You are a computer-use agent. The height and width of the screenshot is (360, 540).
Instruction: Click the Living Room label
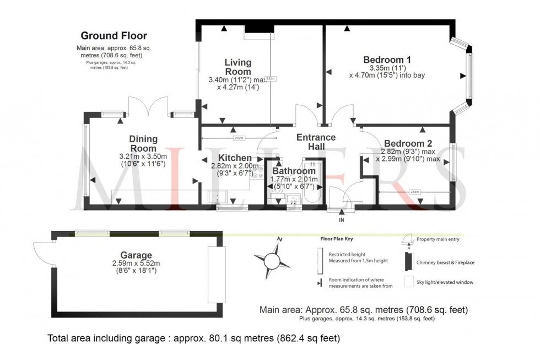[237, 67]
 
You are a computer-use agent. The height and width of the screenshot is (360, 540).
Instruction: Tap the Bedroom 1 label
[387, 60]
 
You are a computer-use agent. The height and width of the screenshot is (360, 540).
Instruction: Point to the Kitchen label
[231, 158]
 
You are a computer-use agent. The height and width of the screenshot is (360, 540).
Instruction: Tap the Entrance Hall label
[316, 142]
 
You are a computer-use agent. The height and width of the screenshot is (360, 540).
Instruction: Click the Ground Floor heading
[114, 36]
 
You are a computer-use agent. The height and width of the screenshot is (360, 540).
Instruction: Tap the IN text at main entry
[342, 220]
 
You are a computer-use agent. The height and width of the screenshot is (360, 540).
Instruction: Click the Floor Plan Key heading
[337, 239]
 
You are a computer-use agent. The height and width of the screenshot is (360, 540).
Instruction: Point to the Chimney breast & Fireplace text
[445, 262]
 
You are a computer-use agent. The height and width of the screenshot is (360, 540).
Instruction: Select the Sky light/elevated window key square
[408, 282]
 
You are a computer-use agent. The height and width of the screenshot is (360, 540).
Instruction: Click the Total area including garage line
[194, 338]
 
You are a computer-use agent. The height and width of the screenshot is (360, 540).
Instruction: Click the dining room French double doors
[147, 106]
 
